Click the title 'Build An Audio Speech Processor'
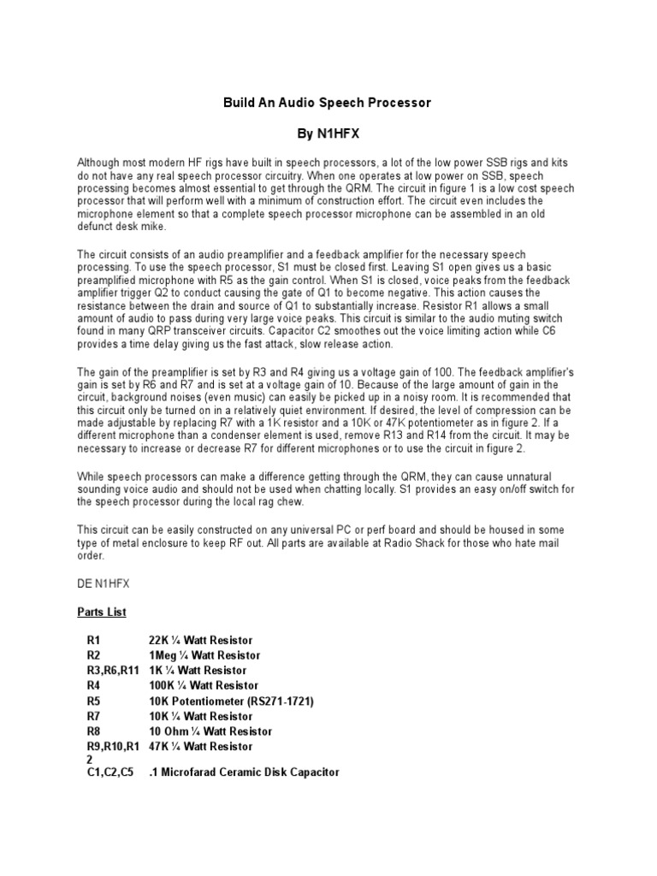tap(328, 103)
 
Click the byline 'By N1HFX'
tap(328, 134)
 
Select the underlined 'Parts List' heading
tap(102, 612)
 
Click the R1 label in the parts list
tap(93, 640)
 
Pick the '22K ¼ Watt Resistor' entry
tap(201, 640)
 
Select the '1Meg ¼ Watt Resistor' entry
tap(204, 655)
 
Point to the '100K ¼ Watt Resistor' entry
tap(204, 686)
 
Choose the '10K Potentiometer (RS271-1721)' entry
tap(232, 701)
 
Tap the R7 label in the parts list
tap(93, 716)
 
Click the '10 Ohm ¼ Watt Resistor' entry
tap(210, 731)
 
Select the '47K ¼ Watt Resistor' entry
tap(201, 747)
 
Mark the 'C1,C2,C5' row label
tap(109, 772)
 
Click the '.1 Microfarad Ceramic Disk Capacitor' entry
tap(244, 772)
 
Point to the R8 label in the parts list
tap(93, 731)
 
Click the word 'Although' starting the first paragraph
tap(99, 162)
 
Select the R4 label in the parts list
tap(93, 686)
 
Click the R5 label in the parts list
tap(93, 701)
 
